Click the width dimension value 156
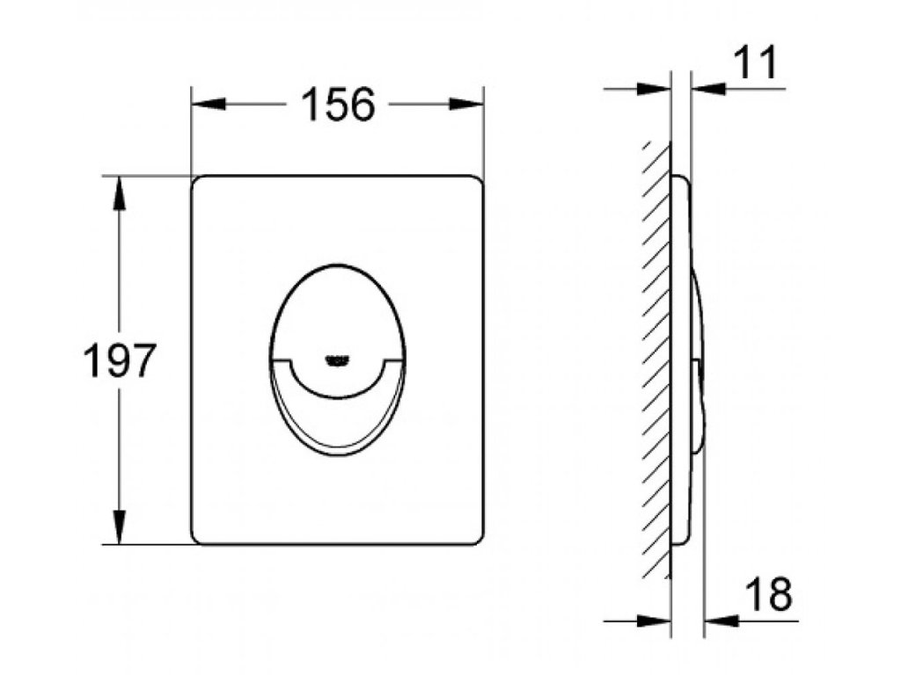pos(338,105)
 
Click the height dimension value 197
pos(120,360)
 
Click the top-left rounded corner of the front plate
pos(197,181)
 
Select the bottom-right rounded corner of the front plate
pos(477,538)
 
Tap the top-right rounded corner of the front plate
pos(477,181)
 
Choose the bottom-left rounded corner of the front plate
pos(197,538)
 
